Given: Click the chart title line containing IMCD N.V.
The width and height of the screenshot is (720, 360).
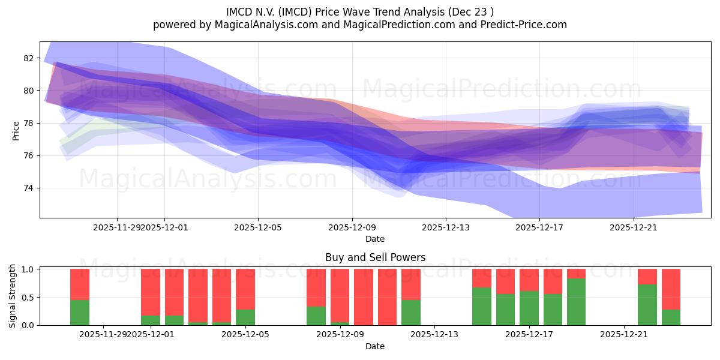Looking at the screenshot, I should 360,11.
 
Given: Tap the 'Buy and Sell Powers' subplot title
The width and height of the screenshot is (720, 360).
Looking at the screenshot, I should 375,257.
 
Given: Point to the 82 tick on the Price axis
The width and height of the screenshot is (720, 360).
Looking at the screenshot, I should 29,58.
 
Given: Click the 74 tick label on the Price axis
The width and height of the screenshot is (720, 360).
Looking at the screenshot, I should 29,188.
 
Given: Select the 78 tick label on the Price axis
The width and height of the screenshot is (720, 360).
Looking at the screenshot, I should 29,123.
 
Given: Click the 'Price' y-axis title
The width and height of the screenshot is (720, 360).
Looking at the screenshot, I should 16,130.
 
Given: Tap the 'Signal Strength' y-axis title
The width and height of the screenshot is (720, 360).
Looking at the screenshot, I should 13,296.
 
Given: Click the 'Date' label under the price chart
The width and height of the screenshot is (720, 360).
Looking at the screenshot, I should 375,239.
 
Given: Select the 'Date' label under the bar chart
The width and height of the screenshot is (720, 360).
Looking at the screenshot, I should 375,346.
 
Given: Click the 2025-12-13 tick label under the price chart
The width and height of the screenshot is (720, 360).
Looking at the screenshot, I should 445,227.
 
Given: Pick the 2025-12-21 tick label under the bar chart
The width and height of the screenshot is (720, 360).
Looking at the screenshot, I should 624,334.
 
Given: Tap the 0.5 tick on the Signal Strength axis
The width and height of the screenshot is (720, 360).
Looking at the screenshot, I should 29,297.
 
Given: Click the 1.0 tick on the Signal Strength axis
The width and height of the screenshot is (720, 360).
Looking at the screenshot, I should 29,269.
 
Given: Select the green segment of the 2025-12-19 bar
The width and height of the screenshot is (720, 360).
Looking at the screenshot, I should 576,302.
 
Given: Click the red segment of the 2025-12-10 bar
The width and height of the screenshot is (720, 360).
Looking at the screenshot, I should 387,297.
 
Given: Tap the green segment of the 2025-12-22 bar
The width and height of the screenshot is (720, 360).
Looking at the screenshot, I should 647,305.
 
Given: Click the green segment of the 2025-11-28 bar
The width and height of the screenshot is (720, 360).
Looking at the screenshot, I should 80,313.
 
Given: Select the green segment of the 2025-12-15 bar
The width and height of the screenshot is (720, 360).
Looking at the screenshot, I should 482,307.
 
